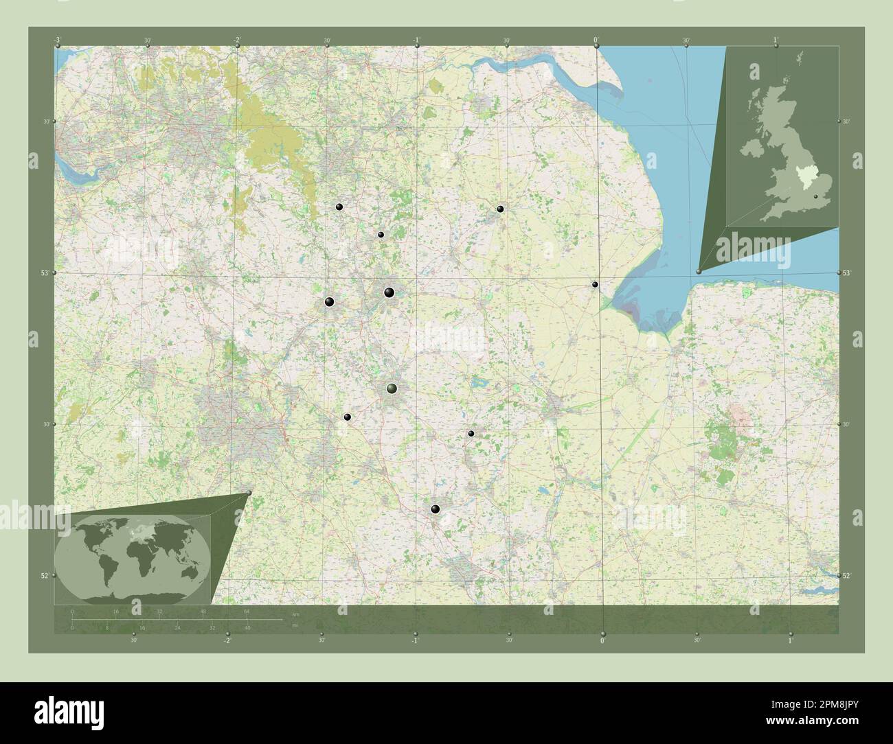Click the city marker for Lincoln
pyautogui.click(x=501, y=209)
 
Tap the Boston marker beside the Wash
pyautogui.click(x=595, y=284)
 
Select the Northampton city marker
pyautogui.click(x=435, y=509)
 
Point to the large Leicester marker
pyautogui.click(x=392, y=389)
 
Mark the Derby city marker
pyautogui.click(x=330, y=301)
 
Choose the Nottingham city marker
pyautogui.click(x=389, y=293)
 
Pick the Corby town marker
pyautogui.click(x=471, y=433)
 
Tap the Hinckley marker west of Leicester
pyautogui.click(x=347, y=417)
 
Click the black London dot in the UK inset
pyautogui.click(x=815, y=196)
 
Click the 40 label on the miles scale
pyautogui.click(x=247, y=628)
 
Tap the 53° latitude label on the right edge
pyautogui.click(x=846, y=273)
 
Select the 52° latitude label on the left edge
pyautogui.click(x=45, y=575)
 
